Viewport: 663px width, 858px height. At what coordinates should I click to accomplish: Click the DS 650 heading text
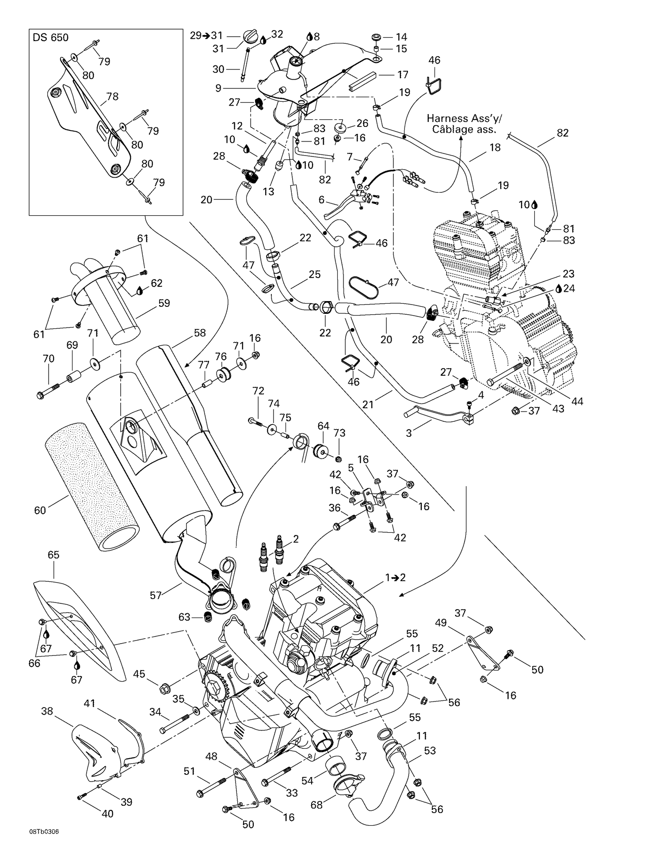[50, 38]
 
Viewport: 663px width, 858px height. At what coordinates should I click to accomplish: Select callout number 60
[40, 510]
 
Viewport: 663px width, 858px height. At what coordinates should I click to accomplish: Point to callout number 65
[53, 554]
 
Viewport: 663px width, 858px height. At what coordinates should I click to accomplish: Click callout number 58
[200, 333]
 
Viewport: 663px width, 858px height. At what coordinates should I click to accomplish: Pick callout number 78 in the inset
[112, 96]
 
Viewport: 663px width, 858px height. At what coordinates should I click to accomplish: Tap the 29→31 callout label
[206, 35]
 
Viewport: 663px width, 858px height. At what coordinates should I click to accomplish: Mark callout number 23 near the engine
[556, 273]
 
